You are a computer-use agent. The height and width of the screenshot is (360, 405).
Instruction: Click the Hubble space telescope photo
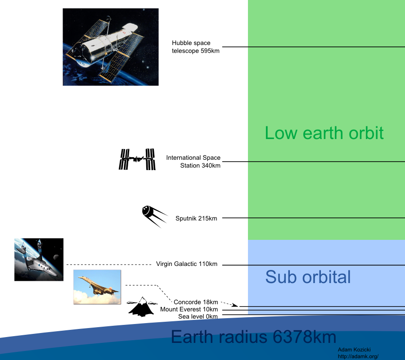(x=111, y=47)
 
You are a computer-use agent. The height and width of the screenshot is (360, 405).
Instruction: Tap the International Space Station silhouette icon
(x=137, y=159)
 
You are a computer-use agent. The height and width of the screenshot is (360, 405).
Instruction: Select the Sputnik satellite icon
(x=154, y=216)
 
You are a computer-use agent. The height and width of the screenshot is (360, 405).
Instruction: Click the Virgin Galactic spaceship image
(x=39, y=260)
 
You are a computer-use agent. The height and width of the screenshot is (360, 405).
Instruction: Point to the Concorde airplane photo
(x=97, y=287)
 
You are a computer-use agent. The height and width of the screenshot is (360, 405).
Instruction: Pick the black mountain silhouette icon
(x=142, y=307)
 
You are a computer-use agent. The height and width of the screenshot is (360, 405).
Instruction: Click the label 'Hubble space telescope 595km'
(x=196, y=47)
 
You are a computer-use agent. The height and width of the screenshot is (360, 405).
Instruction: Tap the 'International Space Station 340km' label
(x=193, y=162)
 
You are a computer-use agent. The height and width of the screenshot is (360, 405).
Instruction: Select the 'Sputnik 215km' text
(x=196, y=218)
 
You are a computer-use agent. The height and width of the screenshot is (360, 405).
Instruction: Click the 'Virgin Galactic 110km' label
(x=187, y=264)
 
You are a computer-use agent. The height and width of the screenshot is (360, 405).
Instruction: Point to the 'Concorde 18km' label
(x=196, y=302)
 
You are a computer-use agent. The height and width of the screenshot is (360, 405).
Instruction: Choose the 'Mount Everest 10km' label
(x=189, y=309)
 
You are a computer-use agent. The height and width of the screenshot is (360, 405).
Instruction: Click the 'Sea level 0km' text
(x=198, y=316)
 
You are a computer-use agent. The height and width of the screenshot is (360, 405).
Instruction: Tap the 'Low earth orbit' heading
(x=324, y=133)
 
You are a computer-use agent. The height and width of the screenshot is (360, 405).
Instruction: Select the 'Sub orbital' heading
(x=308, y=277)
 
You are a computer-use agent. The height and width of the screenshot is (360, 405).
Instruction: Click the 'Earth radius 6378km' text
(x=254, y=337)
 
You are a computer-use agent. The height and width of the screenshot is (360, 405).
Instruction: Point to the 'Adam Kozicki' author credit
(x=354, y=350)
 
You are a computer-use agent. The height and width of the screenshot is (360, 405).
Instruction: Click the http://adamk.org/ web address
(x=358, y=357)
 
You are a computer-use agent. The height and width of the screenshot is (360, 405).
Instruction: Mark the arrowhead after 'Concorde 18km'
(x=234, y=305)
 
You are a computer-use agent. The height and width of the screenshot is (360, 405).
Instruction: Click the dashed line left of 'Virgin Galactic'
(x=109, y=265)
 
